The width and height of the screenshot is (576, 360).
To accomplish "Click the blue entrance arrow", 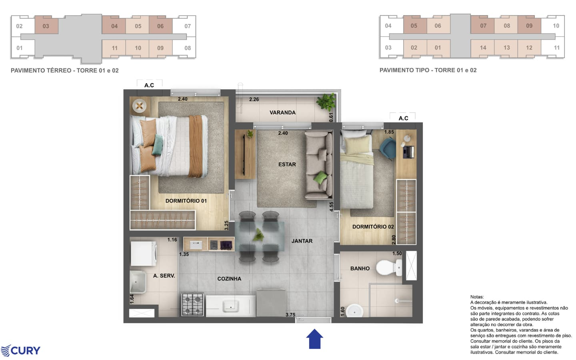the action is (314, 339).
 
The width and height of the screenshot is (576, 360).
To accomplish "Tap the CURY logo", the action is (20, 351).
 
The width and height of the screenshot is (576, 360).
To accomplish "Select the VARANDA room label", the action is (282, 112).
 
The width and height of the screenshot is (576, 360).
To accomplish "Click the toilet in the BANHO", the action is (388, 268).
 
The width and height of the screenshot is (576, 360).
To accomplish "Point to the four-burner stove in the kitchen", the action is (192, 304).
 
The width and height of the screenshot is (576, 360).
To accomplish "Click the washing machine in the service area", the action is (143, 253).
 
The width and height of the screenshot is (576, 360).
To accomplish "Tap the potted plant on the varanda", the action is (326, 101).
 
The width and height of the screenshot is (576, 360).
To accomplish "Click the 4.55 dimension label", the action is (332, 207).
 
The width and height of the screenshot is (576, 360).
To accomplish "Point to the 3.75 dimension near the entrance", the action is (290, 315).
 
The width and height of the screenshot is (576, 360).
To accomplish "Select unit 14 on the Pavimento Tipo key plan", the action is (483, 48).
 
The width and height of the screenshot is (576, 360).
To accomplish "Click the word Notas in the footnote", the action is (477, 297).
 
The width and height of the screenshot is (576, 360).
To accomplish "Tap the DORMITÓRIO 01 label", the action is (186, 201).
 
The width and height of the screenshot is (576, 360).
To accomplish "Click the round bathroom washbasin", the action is (354, 311).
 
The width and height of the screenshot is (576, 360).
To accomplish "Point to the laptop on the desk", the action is (409, 152).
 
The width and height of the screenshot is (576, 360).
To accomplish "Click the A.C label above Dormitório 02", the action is (403, 118).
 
